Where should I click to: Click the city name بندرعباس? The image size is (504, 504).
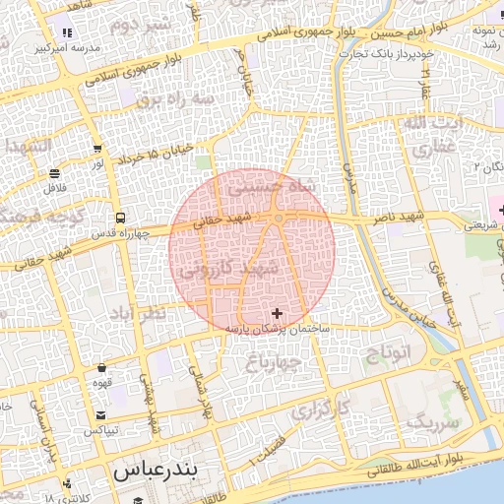pyautogui.click(x=157, y=471)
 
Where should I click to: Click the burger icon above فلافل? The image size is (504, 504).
pyautogui.click(x=51, y=173)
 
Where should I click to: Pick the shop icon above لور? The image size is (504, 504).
pyautogui.click(x=97, y=149)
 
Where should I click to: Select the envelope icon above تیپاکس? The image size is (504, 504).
pyautogui.click(x=101, y=415)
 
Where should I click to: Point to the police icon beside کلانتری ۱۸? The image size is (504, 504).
pyautogui.click(x=67, y=484)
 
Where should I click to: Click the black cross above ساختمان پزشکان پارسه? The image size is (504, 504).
pyautogui.click(x=276, y=313)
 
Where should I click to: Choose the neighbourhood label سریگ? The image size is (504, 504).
pyautogui.click(x=433, y=424)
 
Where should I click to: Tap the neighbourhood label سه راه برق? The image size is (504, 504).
pyautogui.click(x=161, y=99)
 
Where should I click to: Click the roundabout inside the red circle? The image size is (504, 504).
pyautogui.click(x=280, y=217)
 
